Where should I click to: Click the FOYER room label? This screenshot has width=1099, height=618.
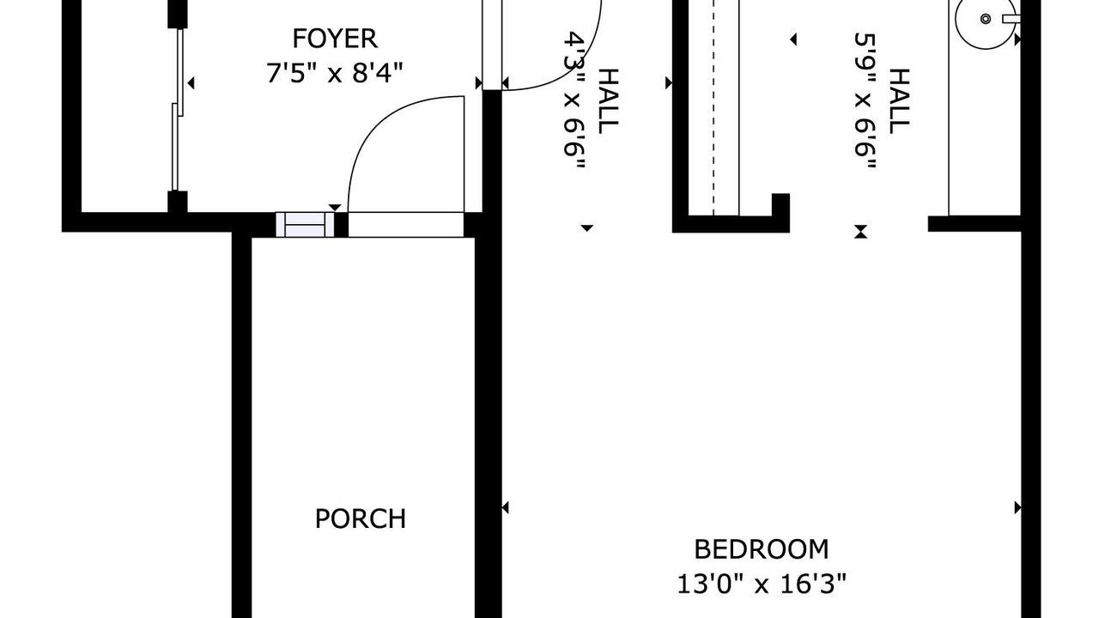[335, 39]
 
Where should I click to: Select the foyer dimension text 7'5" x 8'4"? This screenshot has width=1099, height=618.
[335, 73]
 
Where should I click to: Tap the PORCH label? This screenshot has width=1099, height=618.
[361, 518]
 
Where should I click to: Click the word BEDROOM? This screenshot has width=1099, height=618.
[762, 549]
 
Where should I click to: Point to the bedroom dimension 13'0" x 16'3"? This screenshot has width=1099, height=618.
[762, 584]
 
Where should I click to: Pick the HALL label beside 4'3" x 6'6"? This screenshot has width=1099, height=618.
[608, 101]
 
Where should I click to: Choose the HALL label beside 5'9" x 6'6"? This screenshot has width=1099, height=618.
[899, 101]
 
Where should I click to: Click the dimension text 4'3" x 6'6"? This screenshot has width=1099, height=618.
[574, 101]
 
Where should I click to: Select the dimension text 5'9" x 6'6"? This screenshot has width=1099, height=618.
[865, 101]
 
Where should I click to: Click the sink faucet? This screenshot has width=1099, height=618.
[1011, 19]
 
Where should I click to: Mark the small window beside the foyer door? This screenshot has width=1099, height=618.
[305, 225]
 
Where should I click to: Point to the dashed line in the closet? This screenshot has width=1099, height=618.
[713, 107]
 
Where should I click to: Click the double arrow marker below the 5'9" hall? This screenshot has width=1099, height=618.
[860, 232]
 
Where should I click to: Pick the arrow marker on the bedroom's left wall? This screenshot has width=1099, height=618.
[506, 507]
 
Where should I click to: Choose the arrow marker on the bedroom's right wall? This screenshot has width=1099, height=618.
[1018, 507]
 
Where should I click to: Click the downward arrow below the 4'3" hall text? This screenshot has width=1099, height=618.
[586, 228]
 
